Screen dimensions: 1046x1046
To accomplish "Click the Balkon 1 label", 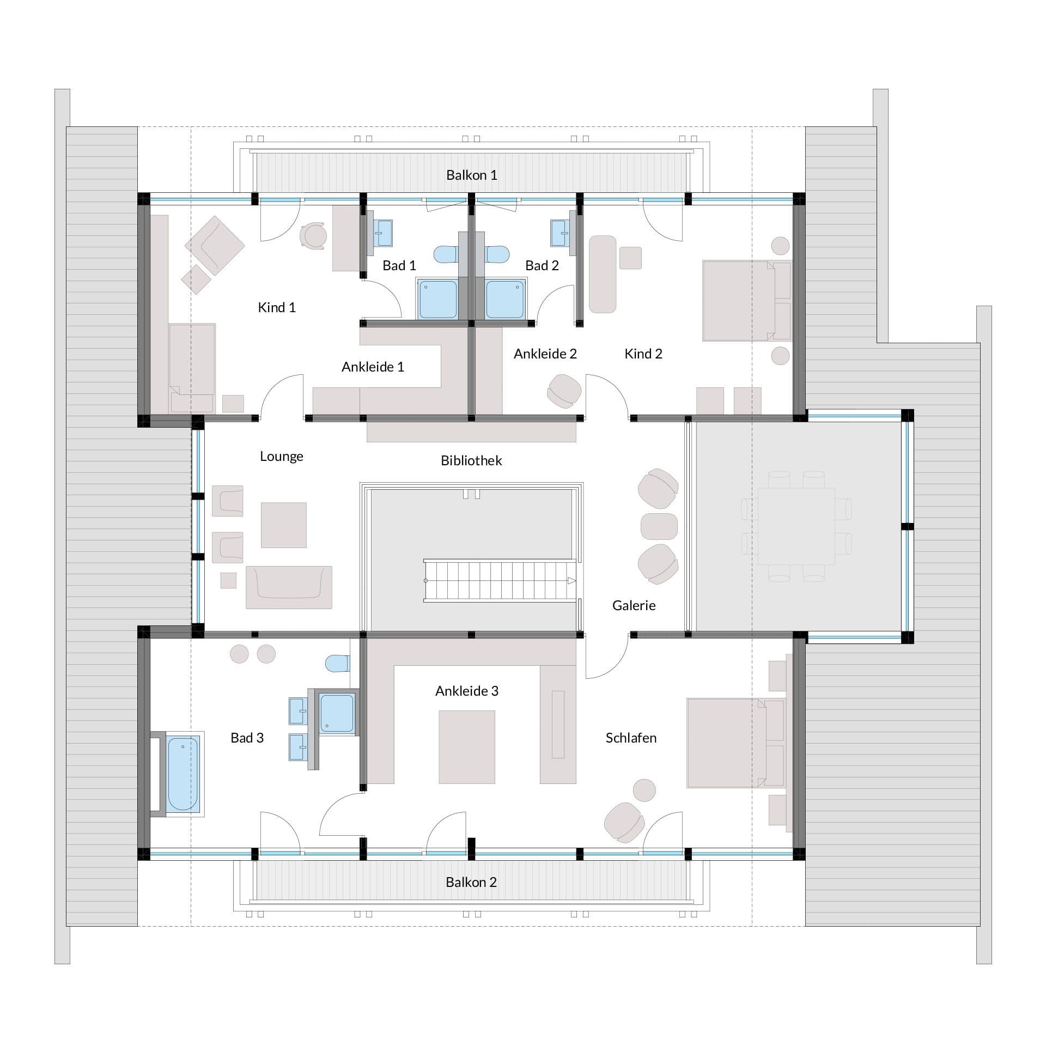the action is [x=471, y=175].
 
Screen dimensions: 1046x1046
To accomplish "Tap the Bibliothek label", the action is [x=471, y=460].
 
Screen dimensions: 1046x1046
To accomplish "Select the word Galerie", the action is [x=634, y=605].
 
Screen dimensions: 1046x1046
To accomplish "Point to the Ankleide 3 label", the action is [x=467, y=691].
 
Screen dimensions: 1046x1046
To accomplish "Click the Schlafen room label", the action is [x=631, y=738].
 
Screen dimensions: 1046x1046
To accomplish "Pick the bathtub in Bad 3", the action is [x=183, y=773].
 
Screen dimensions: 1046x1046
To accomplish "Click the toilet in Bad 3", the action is [x=337, y=664].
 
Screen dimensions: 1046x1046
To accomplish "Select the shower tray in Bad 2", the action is [x=505, y=299].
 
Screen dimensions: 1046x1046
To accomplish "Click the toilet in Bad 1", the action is [x=446, y=254].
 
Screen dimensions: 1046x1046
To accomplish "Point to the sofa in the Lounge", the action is [x=289, y=587].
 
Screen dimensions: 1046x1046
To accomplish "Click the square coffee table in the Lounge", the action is [x=283, y=525].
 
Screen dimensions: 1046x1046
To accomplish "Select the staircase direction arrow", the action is [x=571, y=581].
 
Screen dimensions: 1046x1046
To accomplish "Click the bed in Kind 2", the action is [x=746, y=301].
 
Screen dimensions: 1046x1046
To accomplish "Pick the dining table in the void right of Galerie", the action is [x=796, y=526].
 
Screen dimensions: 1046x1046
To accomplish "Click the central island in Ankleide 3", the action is [x=467, y=747].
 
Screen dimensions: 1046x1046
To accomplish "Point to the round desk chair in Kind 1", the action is [x=313, y=236].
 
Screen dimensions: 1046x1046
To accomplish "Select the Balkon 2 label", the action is [x=471, y=882].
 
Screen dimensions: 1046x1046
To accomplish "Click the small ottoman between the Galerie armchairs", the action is [x=659, y=526].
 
